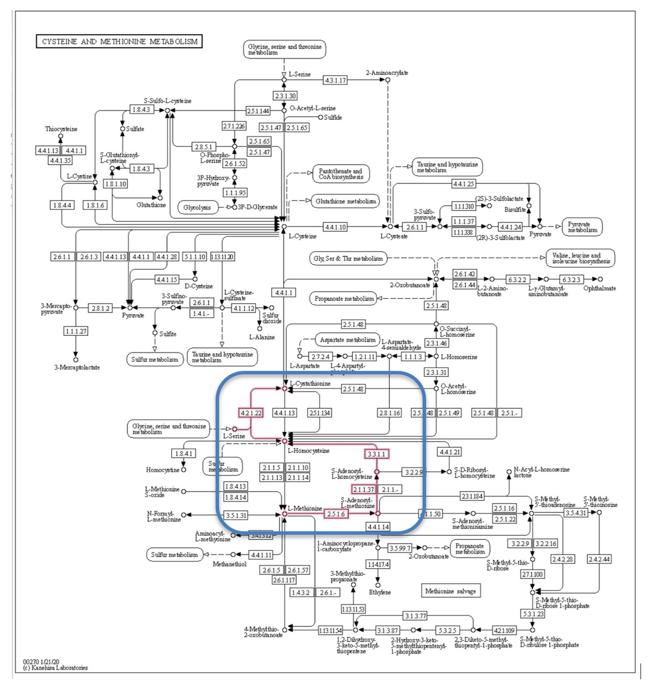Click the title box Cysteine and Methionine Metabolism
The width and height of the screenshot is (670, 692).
[x=119, y=41]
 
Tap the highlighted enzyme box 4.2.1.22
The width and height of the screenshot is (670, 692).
[x=251, y=413]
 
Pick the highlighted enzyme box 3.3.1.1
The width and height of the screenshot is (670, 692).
[x=377, y=454]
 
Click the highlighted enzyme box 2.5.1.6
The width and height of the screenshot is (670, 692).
[x=336, y=514]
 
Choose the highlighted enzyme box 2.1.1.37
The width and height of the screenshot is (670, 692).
[x=363, y=489]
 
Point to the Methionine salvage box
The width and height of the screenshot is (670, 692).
[x=450, y=591]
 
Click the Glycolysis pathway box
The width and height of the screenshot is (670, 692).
[x=197, y=208]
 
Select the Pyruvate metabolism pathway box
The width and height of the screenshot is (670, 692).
[x=582, y=227]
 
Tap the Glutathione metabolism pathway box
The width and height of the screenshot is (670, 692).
[x=345, y=201]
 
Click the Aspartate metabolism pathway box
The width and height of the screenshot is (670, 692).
[x=348, y=340]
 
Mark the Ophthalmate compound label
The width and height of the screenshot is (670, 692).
[x=600, y=288]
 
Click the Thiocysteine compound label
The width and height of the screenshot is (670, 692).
[x=61, y=129]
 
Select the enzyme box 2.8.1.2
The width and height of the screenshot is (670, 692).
[x=100, y=308]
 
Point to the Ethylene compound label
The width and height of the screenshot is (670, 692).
[x=380, y=592]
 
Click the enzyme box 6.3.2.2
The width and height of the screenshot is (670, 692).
[x=517, y=280]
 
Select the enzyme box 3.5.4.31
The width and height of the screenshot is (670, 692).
[x=576, y=513]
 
